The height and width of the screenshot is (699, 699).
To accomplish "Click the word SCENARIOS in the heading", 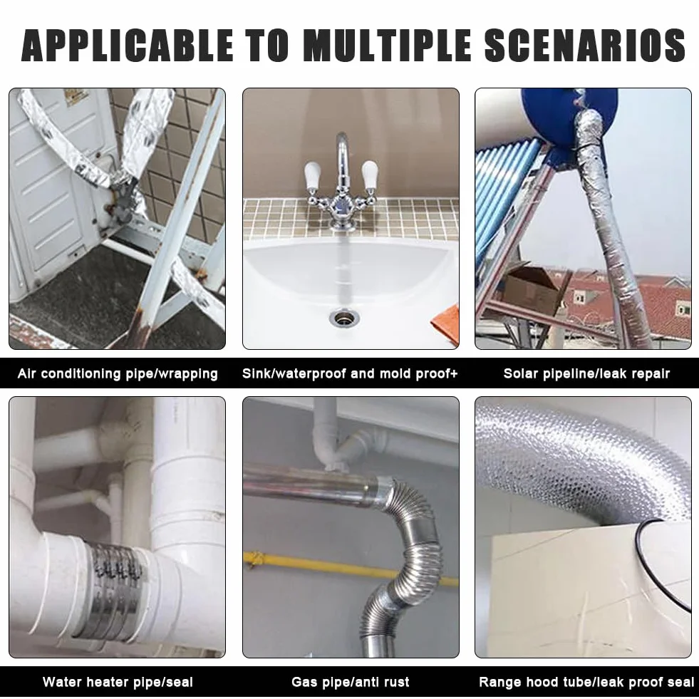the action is click(585, 45).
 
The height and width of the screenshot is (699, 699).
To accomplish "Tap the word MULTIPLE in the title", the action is click(387, 45).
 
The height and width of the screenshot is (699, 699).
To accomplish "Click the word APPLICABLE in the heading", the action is click(128, 45).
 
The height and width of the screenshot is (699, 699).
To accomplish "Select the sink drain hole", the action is click(344, 319).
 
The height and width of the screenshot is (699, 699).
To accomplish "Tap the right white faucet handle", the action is click(370, 175).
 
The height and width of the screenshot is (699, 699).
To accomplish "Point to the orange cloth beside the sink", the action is click(446, 324).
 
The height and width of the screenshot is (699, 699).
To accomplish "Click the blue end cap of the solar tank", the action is click(571, 117).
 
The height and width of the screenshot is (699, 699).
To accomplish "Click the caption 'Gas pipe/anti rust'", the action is click(351, 682).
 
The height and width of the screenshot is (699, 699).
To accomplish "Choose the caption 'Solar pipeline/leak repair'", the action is click(586, 373).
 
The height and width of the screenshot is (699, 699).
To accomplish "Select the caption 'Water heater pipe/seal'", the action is click(118, 682).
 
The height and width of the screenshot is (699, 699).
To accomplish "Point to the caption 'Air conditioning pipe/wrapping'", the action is click(118, 373).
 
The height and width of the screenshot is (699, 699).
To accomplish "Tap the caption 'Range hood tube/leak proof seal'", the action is click(586, 682).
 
